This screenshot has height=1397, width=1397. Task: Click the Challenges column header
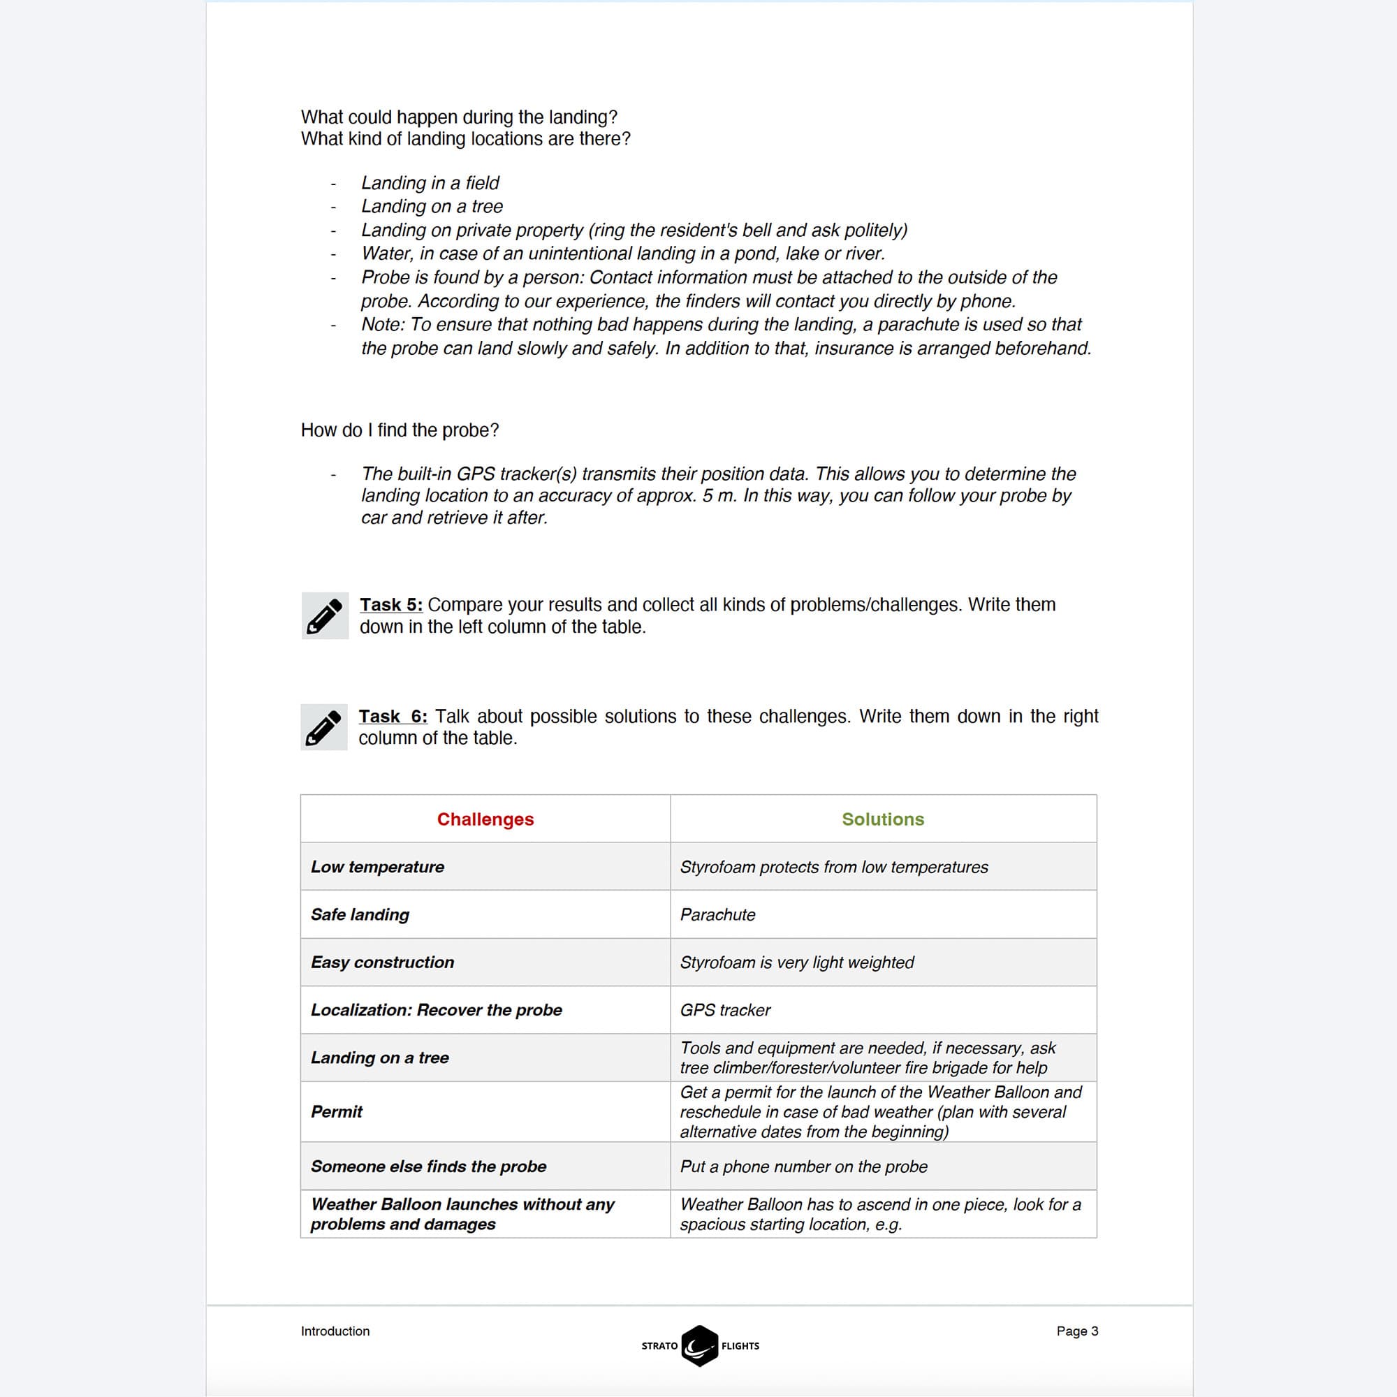485,819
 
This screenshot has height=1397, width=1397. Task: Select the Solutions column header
882,819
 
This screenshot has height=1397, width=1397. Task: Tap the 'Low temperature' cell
377,867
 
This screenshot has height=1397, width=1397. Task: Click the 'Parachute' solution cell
717,915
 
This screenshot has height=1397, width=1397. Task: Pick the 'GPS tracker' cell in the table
725,1010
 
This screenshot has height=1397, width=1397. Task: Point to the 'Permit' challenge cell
337,1111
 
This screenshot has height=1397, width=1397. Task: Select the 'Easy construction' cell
383,963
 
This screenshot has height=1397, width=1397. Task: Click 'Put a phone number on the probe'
803,1166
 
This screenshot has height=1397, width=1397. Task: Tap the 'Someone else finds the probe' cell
429,1166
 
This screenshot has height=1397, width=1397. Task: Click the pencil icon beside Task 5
325,616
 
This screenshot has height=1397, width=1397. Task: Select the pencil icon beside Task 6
323,727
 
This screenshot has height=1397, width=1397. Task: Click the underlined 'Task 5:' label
391,604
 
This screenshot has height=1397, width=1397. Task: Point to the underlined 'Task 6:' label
393,716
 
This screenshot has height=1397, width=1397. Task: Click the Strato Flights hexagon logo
699,1346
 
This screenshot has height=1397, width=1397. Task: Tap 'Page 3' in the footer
1076,1331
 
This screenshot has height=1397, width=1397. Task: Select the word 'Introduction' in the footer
335,1331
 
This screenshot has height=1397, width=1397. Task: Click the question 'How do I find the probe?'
400,430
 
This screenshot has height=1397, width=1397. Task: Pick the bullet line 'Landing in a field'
430,183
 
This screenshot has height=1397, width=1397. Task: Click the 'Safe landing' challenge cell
360,915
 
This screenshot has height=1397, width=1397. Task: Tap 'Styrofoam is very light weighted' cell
797,963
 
